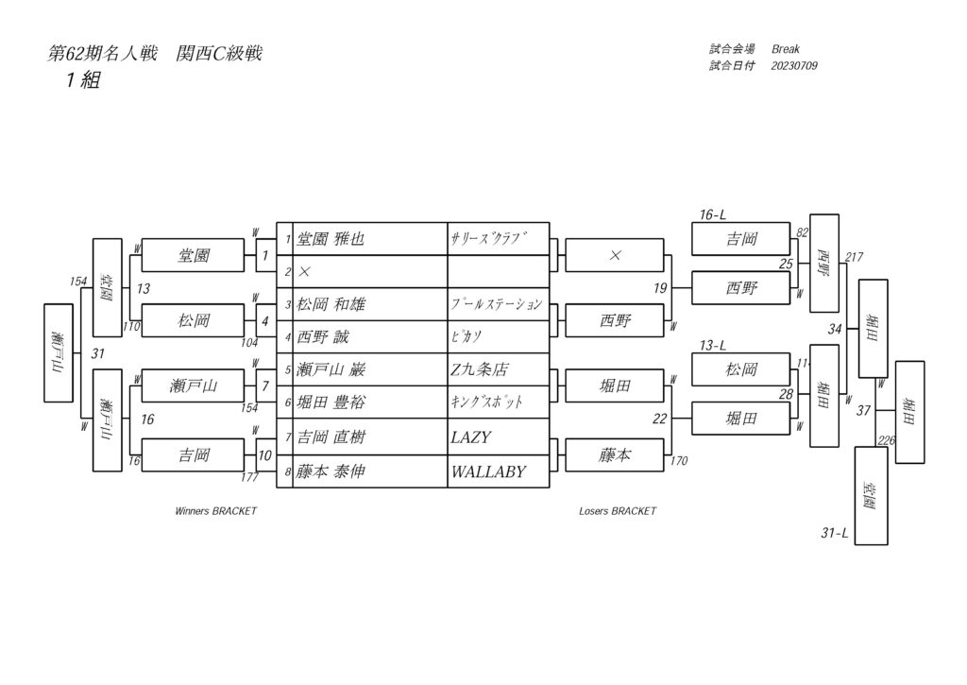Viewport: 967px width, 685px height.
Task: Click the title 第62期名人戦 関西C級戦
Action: [155, 55]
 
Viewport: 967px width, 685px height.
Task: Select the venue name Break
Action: [786, 49]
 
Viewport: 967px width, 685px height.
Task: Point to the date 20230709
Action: [794, 66]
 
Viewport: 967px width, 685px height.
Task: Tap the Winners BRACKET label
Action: [215, 511]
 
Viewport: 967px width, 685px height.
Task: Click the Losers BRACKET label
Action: [618, 511]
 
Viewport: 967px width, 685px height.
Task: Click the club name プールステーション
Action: [497, 304]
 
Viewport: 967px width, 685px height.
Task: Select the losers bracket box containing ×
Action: [615, 255]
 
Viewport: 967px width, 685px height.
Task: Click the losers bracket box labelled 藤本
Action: [615, 455]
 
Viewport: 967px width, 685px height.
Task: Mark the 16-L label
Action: [713, 215]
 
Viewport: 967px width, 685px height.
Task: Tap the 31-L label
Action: [834, 534]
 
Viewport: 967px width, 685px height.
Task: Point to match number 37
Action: [863, 411]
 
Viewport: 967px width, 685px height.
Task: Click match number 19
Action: [660, 288]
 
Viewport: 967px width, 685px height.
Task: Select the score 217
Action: [854, 257]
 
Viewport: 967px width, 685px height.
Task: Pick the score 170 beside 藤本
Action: [680, 463]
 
